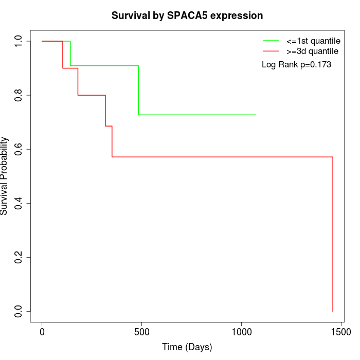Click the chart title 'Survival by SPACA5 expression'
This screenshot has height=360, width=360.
(187, 15)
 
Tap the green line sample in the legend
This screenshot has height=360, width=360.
(271, 41)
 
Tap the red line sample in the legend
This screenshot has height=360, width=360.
(271, 51)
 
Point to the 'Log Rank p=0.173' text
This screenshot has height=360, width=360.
(296, 65)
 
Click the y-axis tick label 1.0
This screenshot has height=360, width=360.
(19, 41)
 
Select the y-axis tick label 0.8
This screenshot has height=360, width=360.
(19, 95)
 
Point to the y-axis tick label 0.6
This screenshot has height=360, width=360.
(19, 149)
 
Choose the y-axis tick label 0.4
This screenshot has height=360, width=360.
(19, 203)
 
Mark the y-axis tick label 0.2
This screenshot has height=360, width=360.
(19, 257)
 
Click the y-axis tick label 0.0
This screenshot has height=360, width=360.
(19, 311)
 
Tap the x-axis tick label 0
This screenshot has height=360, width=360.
(42, 333)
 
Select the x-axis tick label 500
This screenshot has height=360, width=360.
(142, 333)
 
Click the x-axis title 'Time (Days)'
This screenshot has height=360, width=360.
(187, 347)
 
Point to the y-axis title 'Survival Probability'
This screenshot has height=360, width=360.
(5, 176)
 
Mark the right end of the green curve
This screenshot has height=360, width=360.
(256, 115)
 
